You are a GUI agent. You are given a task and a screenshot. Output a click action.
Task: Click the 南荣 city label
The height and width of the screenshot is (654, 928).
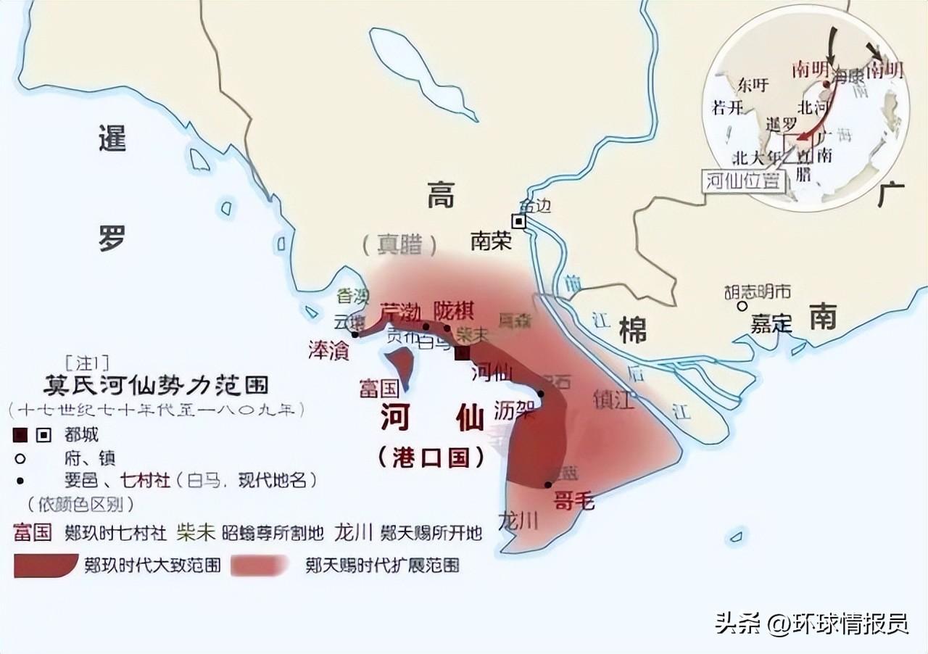pos(491,241)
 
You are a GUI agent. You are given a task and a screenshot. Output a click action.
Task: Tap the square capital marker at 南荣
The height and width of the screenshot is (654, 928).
pos(518,221)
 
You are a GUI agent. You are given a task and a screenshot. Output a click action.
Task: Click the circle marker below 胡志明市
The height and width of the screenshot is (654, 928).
pos(742,307)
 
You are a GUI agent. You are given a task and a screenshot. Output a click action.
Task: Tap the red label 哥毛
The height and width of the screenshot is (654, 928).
pos(574,500)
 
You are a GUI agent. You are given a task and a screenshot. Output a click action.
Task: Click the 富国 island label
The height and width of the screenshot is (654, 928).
pos(379,388)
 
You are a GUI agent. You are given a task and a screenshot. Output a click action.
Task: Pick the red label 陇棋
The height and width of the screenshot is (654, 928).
pos(454,310)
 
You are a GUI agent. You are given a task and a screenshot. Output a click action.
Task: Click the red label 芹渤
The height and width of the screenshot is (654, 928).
pos(400,312)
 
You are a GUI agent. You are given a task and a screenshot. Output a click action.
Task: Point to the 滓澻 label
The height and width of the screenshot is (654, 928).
pos(328,349)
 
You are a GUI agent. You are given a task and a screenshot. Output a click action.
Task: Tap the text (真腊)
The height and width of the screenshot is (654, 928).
pos(400,245)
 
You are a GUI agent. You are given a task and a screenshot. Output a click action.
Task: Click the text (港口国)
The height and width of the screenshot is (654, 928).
pos(431,457)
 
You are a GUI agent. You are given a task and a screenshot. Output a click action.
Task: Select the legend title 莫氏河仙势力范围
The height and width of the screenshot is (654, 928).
pos(155,384)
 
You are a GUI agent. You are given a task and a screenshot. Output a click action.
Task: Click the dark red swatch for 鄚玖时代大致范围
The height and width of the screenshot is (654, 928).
pos(45,566)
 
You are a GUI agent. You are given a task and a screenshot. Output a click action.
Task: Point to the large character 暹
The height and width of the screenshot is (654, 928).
pos(112,138)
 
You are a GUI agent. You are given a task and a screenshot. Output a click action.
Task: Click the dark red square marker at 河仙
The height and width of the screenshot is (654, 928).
pos(462,352)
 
